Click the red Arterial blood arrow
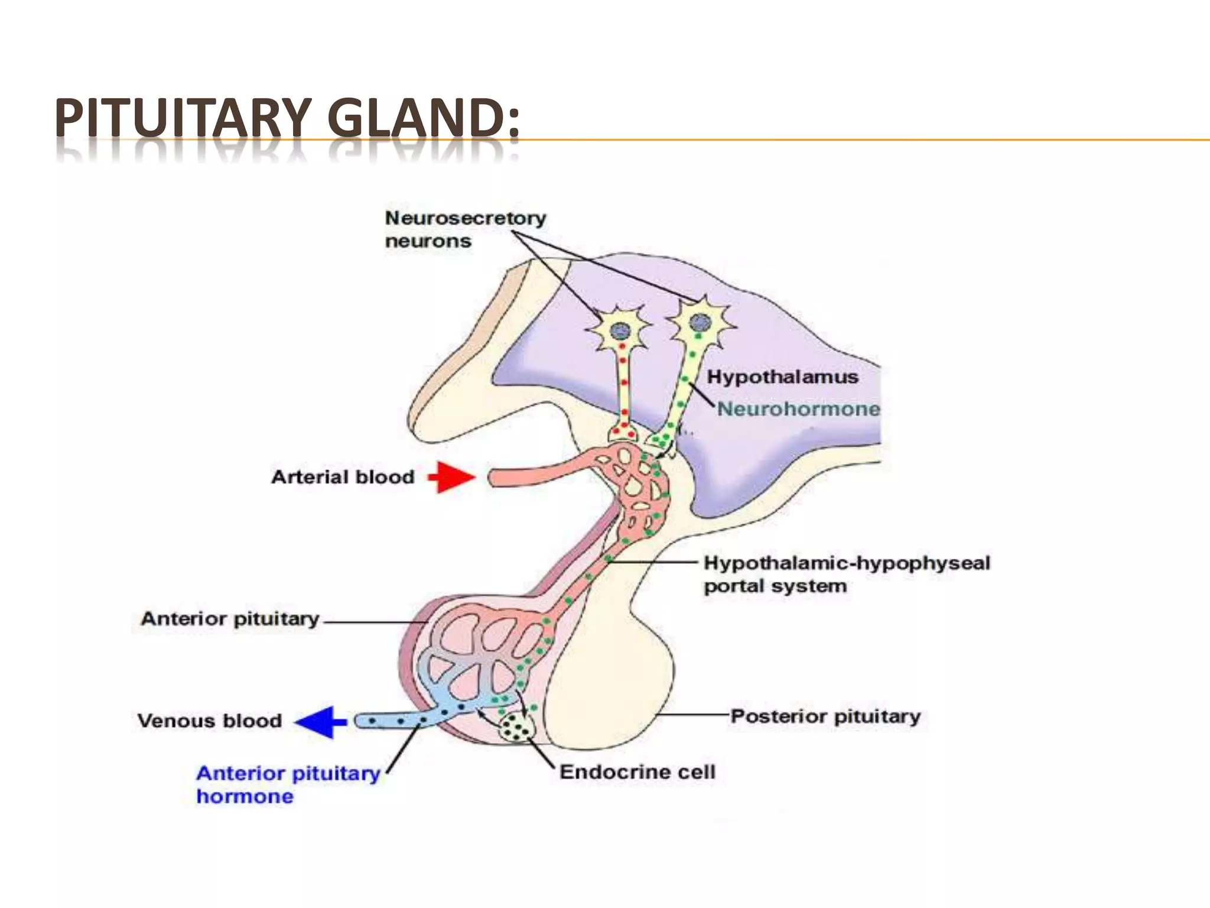coord(453,476)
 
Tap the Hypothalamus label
coord(782,377)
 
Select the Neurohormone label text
coord(798,408)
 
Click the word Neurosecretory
coord(466,218)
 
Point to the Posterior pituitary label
coord(825,716)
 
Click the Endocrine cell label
coord(637,771)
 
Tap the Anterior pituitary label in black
coord(230,619)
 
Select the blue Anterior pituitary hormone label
coord(288,784)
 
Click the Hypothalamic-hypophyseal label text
coord(847,563)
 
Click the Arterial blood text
coord(343,477)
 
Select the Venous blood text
coord(210,721)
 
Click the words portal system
coord(775,586)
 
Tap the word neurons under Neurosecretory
coord(428,241)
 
